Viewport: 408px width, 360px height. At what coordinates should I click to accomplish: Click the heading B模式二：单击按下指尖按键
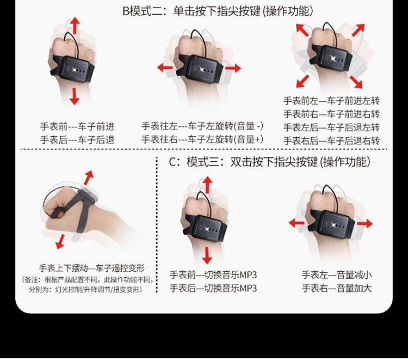tap(191, 11)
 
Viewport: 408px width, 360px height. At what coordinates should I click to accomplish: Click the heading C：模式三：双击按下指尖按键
tap(243, 162)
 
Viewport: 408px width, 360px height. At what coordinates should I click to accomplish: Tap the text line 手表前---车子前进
tap(77, 126)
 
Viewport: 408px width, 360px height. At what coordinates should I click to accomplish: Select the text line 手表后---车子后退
tap(77, 140)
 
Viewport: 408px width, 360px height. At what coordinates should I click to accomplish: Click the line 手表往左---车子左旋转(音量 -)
tap(202, 126)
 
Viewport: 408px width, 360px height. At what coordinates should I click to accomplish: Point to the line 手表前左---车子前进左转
tap(331, 101)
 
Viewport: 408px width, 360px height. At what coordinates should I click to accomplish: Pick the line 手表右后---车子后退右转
tap(331, 141)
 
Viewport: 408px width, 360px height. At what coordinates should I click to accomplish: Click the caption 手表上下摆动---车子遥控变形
tap(91, 268)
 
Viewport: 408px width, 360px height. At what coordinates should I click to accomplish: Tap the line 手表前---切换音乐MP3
tap(213, 275)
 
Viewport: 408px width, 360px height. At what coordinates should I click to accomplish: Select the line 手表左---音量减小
tap(337, 275)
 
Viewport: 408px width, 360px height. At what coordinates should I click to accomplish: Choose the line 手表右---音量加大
tap(337, 288)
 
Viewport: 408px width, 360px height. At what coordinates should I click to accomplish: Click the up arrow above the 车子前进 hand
tap(75, 25)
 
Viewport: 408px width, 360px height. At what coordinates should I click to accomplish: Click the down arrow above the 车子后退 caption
tap(75, 96)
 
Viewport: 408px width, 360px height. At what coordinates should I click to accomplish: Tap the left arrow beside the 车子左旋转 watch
tap(165, 68)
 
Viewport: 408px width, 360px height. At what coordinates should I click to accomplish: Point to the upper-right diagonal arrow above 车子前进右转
tap(358, 30)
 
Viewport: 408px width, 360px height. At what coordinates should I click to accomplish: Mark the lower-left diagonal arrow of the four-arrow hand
tap(302, 81)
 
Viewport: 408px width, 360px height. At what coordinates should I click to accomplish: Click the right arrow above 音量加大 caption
tap(364, 223)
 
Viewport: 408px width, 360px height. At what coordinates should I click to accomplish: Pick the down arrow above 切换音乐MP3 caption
tap(207, 255)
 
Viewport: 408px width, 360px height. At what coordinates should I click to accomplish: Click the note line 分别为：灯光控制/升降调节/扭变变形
tap(85, 289)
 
